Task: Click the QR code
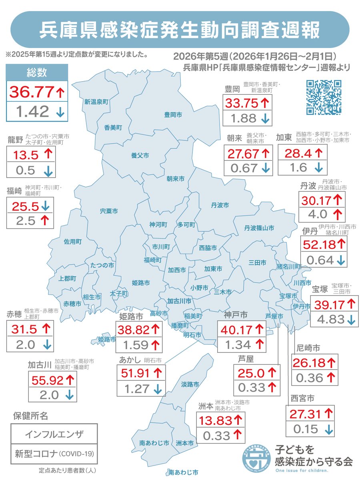pos(324,97)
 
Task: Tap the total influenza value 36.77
pos(31,92)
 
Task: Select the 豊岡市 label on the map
pos(173,115)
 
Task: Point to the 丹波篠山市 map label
pos(259,228)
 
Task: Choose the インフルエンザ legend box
pos(54,434)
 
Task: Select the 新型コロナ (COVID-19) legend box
pos(54,454)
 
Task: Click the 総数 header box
pos(37,72)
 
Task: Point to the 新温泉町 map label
pos(96,102)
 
